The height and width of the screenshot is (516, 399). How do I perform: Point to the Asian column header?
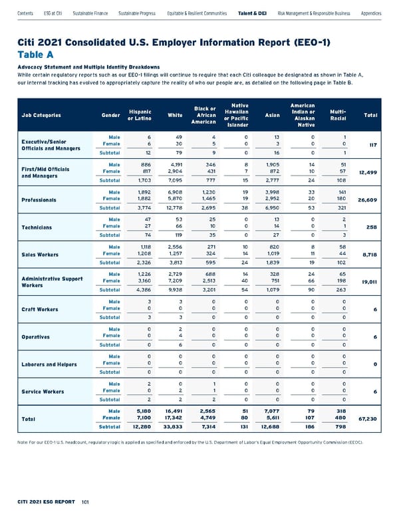[x=271, y=115]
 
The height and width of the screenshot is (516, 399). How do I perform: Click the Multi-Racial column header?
[x=338, y=115]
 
